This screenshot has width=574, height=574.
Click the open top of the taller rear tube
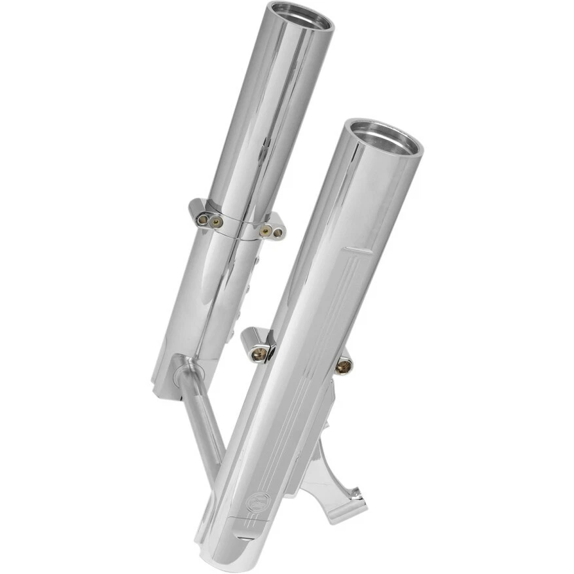pyautogui.click(x=300, y=16)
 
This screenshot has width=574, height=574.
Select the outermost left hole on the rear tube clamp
pyautogui.click(x=202, y=218)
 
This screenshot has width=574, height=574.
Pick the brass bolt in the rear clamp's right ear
pyautogui.click(x=264, y=230)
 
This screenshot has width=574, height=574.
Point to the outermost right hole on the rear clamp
pyautogui.click(x=278, y=232)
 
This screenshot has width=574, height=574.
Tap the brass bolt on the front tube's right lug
pyautogui.click(x=343, y=367)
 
